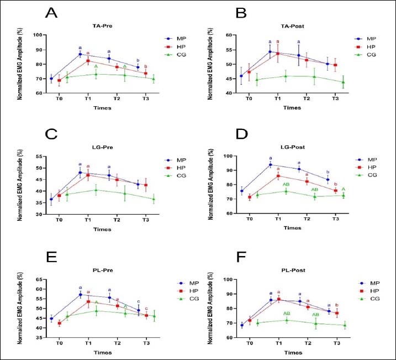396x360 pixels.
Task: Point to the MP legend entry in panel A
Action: coord(177,40)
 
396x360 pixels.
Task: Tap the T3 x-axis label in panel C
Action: coord(145,220)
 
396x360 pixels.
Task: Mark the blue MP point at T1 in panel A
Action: coord(80,54)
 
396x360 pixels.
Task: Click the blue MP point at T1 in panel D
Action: coord(271,165)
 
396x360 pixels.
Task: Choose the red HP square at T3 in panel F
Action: coord(336,314)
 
